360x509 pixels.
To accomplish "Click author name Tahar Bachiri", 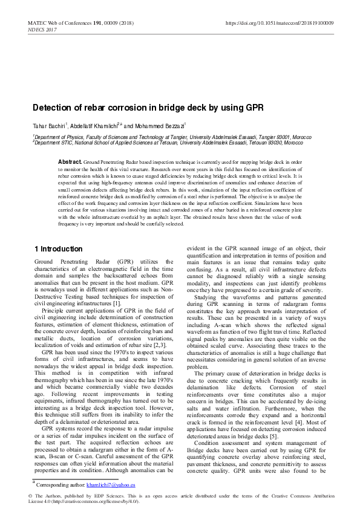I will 47,126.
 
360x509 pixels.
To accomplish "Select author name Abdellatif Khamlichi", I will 96,126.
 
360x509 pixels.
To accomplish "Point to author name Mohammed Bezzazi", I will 163,126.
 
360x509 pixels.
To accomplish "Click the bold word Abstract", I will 70,162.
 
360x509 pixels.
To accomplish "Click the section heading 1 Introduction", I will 57,249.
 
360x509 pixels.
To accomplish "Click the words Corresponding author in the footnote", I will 59,485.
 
